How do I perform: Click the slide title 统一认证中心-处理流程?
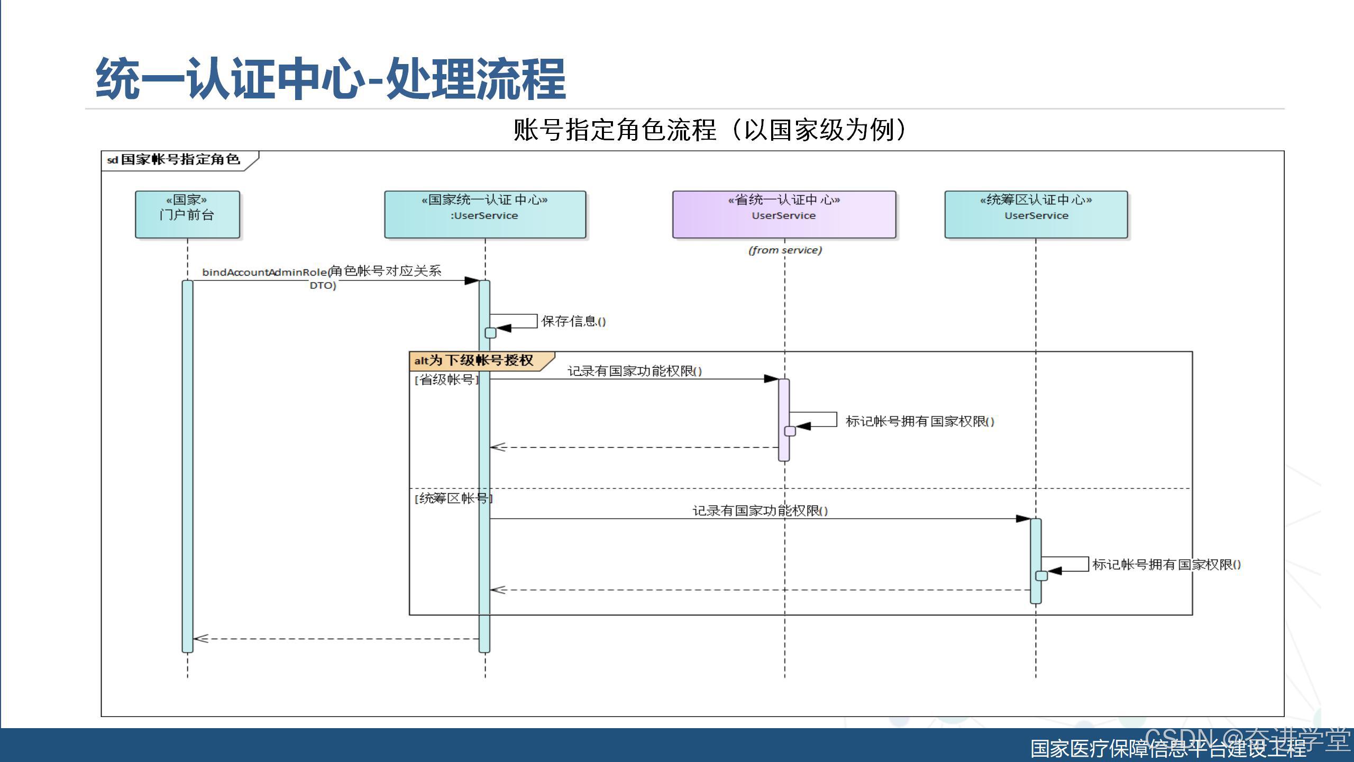click(331, 79)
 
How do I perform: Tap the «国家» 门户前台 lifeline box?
click(187, 214)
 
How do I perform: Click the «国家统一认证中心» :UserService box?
click(485, 214)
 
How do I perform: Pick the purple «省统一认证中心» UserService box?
click(784, 214)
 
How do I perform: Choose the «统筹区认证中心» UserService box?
click(1036, 214)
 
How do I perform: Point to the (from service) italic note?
click(785, 250)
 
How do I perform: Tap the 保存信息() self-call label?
click(573, 321)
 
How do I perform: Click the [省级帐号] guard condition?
click(446, 379)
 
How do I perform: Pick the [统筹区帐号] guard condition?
click(453, 498)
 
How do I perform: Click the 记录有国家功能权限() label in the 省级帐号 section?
click(635, 371)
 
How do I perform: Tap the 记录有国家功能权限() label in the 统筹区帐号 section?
click(760, 511)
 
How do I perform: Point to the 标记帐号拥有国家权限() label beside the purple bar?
click(920, 421)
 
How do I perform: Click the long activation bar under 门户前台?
click(187, 466)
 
